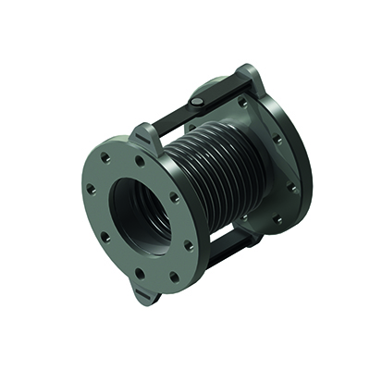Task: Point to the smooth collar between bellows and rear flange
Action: pyautogui.click(x=242, y=162)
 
